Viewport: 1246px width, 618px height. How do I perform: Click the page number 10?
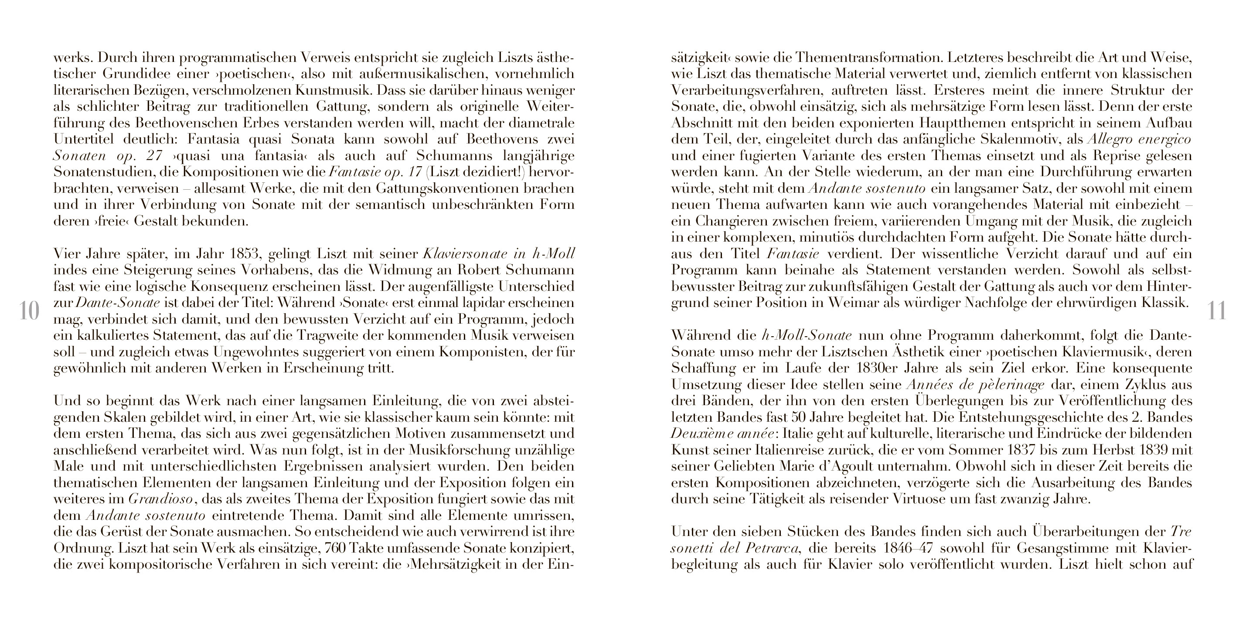pyautogui.click(x=29, y=311)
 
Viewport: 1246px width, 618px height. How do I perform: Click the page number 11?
pyautogui.click(x=1216, y=311)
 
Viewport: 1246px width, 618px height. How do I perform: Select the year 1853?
pyautogui.click(x=249, y=253)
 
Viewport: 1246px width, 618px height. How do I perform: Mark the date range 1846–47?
pyautogui.click(x=904, y=548)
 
